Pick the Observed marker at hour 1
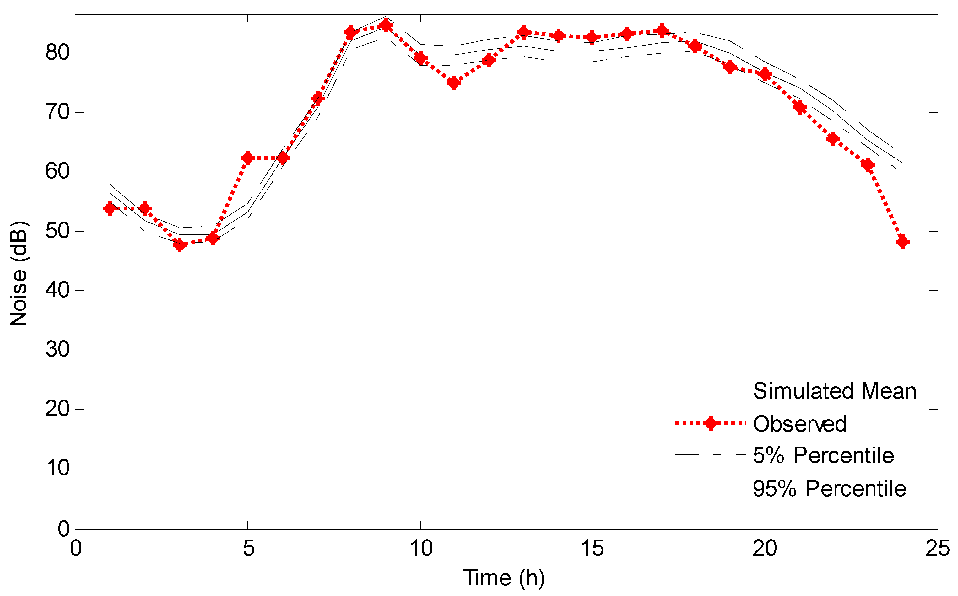[110, 208]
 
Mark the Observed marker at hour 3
[179, 245]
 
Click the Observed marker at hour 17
[662, 30]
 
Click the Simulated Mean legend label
[834, 391]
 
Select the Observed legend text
[799, 424]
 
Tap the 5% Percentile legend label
[823, 455]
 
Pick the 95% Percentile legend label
[830, 488]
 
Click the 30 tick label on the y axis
[57, 350]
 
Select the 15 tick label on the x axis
[592, 548]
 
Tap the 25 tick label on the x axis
[938, 548]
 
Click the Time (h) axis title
[504, 578]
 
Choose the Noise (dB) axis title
[18, 274]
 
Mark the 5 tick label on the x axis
[248, 548]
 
